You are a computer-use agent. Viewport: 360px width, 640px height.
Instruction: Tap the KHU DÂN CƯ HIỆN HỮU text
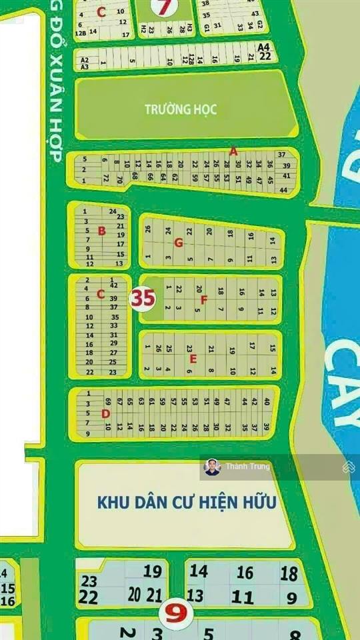pyautogui.click(x=186, y=501)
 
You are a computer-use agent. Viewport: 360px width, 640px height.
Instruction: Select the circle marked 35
pyautogui.click(x=143, y=298)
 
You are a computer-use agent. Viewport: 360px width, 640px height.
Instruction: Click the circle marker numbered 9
pyautogui.click(x=175, y=612)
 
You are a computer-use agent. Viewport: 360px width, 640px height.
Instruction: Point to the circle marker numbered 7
pyautogui.click(x=161, y=7)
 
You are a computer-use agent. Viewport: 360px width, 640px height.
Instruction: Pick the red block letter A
pyautogui.click(x=233, y=151)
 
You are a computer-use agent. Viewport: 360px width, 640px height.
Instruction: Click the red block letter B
pyautogui.click(x=101, y=231)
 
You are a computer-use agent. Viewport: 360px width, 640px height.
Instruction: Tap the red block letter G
pyautogui.click(x=178, y=243)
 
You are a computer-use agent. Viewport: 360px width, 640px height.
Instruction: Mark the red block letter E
pyautogui.click(x=193, y=359)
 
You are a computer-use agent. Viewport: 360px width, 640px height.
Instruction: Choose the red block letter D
pyautogui.click(x=105, y=414)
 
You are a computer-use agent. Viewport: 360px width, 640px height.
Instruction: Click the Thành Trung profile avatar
pyautogui.click(x=212, y=467)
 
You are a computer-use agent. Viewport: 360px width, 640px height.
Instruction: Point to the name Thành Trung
pyautogui.click(x=247, y=467)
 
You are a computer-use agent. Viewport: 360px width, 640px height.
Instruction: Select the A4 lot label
pyautogui.click(x=264, y=47)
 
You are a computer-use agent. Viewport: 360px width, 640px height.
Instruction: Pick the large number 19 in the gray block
pyautogui.click(x=153, y=571)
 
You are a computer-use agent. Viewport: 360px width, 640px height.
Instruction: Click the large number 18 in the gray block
pyautogui.click(x=289, y=573)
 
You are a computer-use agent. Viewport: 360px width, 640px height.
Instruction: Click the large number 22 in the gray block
pyautogui.click(x=88, y=597)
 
